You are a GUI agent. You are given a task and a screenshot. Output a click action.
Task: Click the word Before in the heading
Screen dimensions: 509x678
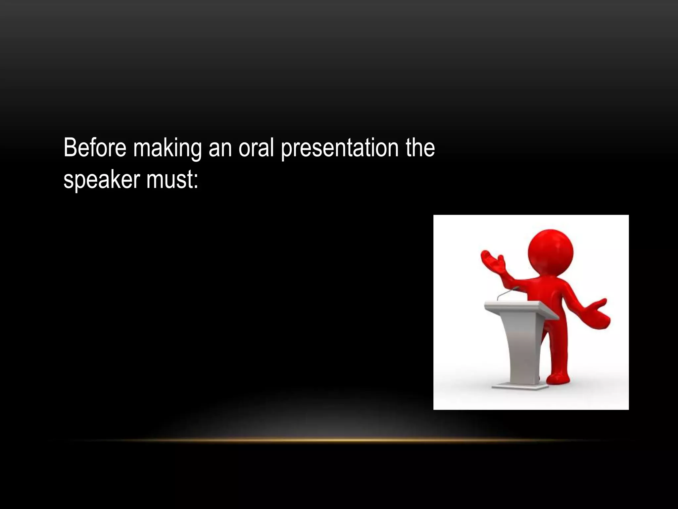95,148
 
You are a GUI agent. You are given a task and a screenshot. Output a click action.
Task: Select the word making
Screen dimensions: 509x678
167,148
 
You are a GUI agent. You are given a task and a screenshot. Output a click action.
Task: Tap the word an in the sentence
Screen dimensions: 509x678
220,148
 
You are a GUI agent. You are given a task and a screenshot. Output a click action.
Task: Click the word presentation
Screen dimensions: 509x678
340,148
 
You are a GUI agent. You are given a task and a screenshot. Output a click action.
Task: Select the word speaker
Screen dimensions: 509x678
102,180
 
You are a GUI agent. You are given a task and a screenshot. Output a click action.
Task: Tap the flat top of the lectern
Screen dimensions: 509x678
516,307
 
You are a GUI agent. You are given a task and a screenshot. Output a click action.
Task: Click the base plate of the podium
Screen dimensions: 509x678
520,386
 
